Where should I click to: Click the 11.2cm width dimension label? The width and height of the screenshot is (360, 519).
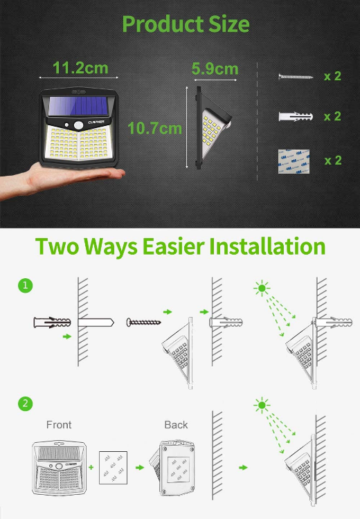(x=80, y=68)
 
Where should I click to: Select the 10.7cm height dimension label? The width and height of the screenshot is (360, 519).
(x=154, y=128)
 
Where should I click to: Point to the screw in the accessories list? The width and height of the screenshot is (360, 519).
(x=296, y=76)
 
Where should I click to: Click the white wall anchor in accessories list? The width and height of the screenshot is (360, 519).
(x=296, y=117)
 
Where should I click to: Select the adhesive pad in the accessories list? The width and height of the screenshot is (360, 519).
(x=291, y=161)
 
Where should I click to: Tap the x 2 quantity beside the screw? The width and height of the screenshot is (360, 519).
(x=332, y=76)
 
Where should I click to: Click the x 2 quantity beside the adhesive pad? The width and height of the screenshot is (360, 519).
(x=332, y=161)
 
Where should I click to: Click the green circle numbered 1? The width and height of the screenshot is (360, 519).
(x=26, y=285)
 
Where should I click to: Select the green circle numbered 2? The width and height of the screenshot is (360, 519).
(x=26, y=403)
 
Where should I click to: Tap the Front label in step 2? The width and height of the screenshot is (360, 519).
(x=59, y=424)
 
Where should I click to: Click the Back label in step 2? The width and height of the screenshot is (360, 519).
(x=176, y=424)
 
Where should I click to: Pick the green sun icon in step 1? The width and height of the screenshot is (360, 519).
(x=262, y=286)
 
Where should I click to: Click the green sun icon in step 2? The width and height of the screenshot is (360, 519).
(x=262, y=406)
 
